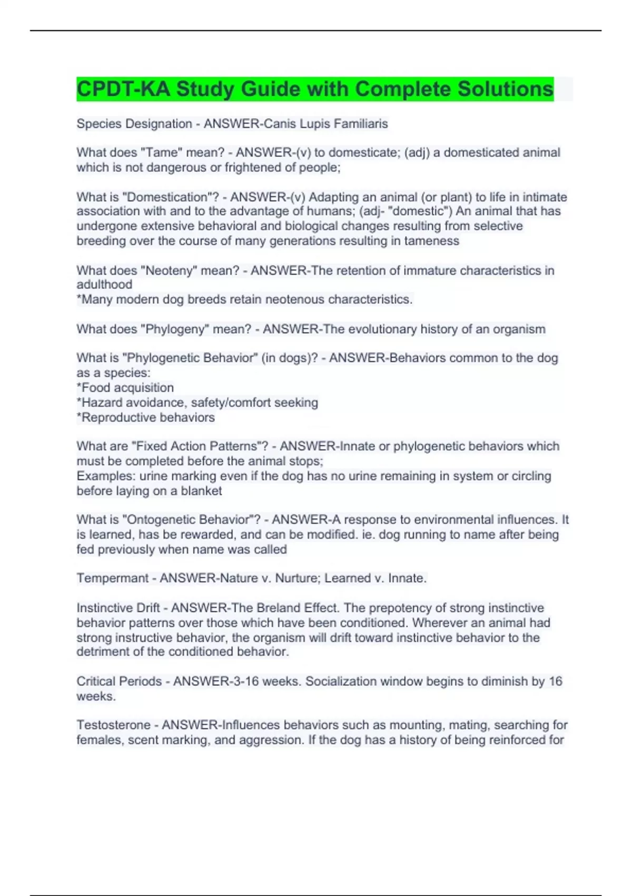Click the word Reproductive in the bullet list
(x=114, y=417)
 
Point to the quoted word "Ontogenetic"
(x=160, y=520)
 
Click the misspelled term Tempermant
(x=112, y=578)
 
